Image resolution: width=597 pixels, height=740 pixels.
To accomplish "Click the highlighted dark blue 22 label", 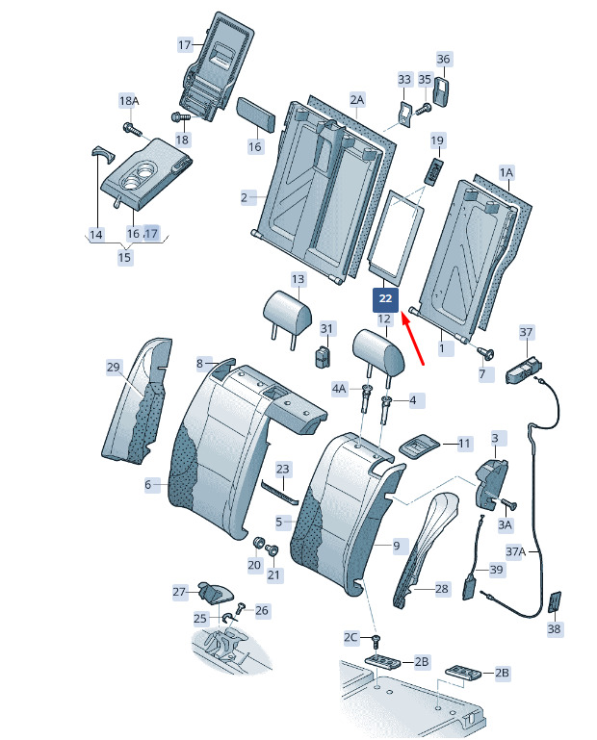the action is coord(385,298).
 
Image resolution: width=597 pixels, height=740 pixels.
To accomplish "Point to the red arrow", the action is coord(413,338).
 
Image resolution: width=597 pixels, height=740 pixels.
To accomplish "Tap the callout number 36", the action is coord(444,59).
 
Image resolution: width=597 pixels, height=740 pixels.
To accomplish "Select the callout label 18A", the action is coord(129,101).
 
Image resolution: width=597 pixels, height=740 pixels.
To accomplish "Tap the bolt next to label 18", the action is coord(180,116).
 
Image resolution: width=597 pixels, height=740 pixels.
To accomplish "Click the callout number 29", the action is coord(114,367).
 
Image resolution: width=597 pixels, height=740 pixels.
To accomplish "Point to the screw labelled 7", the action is coord(485,352).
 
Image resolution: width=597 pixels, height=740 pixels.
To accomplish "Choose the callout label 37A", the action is coord(516,550).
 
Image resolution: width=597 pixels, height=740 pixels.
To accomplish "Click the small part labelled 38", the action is coord(555,601).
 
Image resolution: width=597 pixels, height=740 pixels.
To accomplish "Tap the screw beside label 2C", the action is coord(376,641).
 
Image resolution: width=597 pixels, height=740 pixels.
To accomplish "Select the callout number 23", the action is coord(282,469).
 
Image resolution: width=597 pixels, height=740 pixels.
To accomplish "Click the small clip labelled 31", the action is coord(324,356).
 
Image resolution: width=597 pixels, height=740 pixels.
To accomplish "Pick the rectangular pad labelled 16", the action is coord(255,114).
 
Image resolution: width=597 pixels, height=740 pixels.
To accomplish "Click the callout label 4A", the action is coord(339,389).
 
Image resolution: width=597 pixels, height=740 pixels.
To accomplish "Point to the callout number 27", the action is coord(179,592).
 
